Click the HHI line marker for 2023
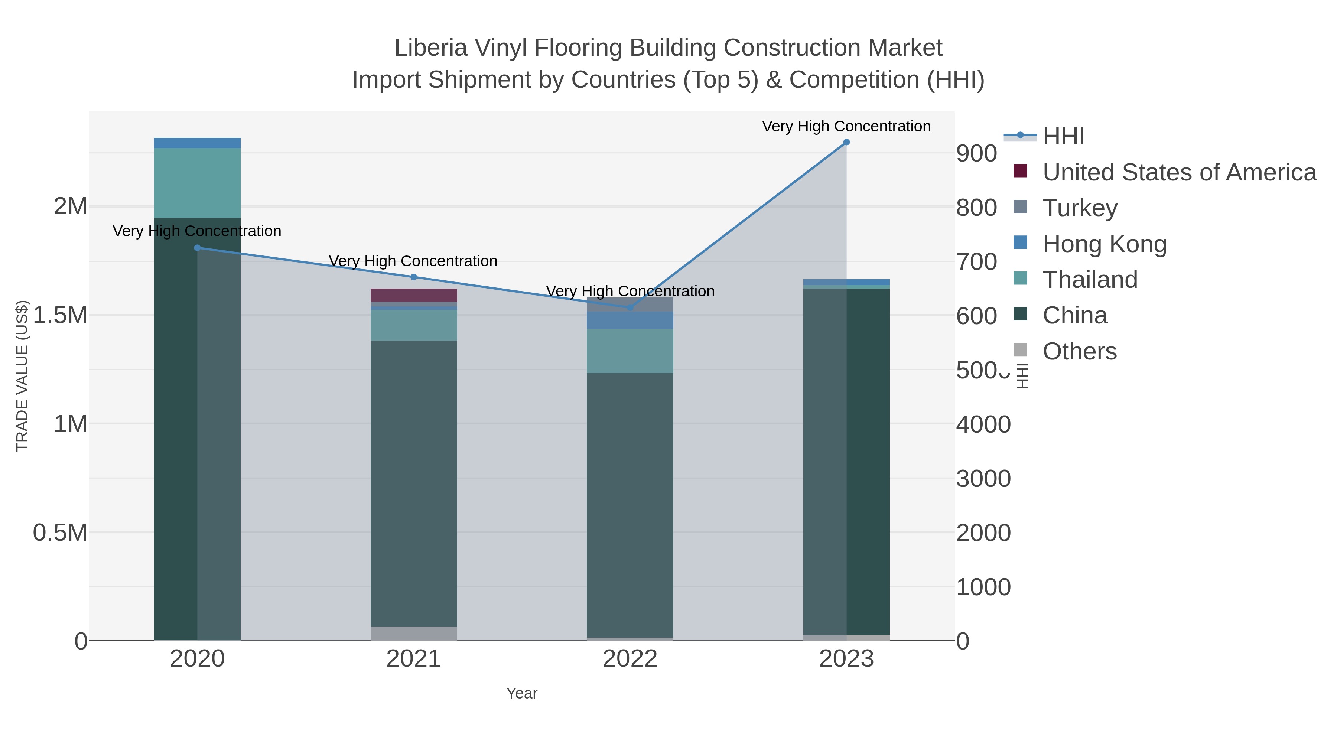coord(846,142)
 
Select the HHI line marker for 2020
coord(197,248)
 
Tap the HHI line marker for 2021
coord(414,277)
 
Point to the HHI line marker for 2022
coord(630,307)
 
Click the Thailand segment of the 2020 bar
coord(197,183)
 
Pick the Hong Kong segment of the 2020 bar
coord(197,143)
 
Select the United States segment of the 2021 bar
coord(414,295)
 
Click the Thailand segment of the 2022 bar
coord(630,351)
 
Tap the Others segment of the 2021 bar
coord(414,633)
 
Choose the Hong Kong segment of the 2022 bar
coord(630,320)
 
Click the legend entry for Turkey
coord(1080,208)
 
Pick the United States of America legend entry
coord(1179,172)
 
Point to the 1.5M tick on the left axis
coord(60,315)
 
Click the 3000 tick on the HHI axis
coord(983,479)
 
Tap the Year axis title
coord(522,693)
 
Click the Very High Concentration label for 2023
coord(846,126)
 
